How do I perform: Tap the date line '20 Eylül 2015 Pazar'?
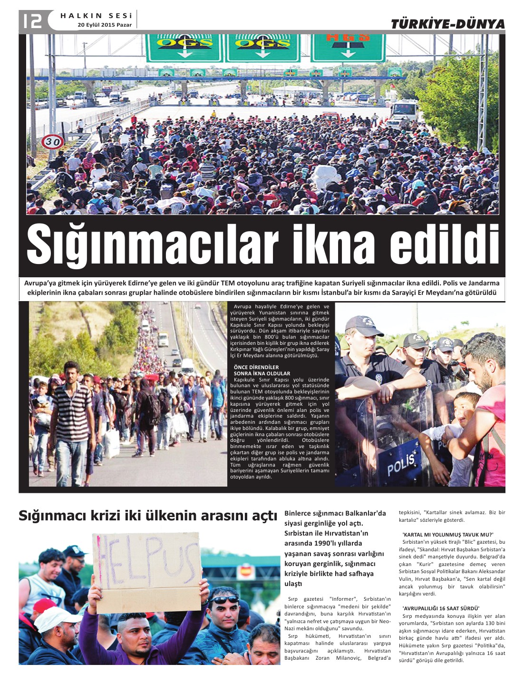tap(105, 25)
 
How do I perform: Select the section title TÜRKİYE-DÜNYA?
tap(447, 24)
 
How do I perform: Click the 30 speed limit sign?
tap(52, 142)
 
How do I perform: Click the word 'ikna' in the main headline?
tap(333, 245)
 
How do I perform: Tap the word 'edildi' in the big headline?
tap(445, 245)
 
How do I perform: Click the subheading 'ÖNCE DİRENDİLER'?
tap(256, 367)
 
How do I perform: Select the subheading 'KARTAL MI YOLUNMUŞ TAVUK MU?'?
tap(447, 535)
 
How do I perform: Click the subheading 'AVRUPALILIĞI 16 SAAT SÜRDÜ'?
tap(440, 608)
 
